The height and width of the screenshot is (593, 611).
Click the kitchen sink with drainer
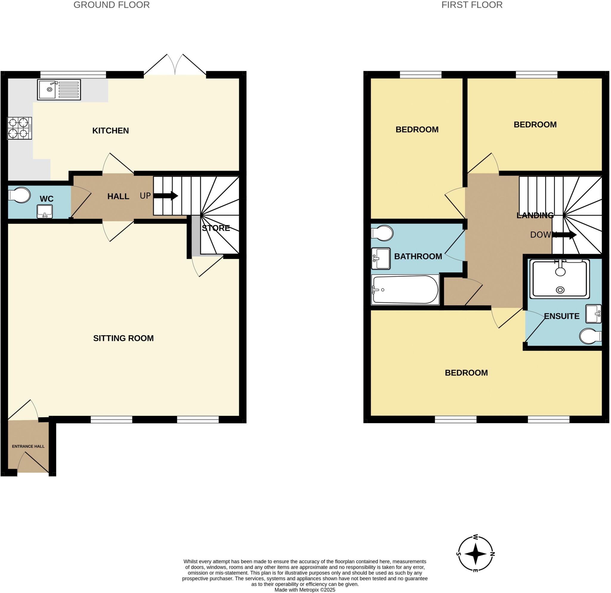[x=59, y=90]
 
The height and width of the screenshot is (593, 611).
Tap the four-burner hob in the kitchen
[x=19, y=128]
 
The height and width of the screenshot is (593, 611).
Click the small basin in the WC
[x=44, y=212]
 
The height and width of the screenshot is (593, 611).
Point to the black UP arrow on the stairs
[x=166, y=196]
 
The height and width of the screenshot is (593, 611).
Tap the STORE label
[x=216, y=228]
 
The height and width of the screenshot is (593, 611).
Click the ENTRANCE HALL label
[x=28, y=446]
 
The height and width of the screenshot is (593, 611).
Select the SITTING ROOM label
[x=124, y=338]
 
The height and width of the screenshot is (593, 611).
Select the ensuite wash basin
[x=593, y=314]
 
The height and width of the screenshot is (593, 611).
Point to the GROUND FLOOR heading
[x=111, y=5]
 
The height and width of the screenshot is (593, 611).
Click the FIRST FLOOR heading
[x=472, y=5]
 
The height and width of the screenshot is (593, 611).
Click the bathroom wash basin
[x=381, y=259]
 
